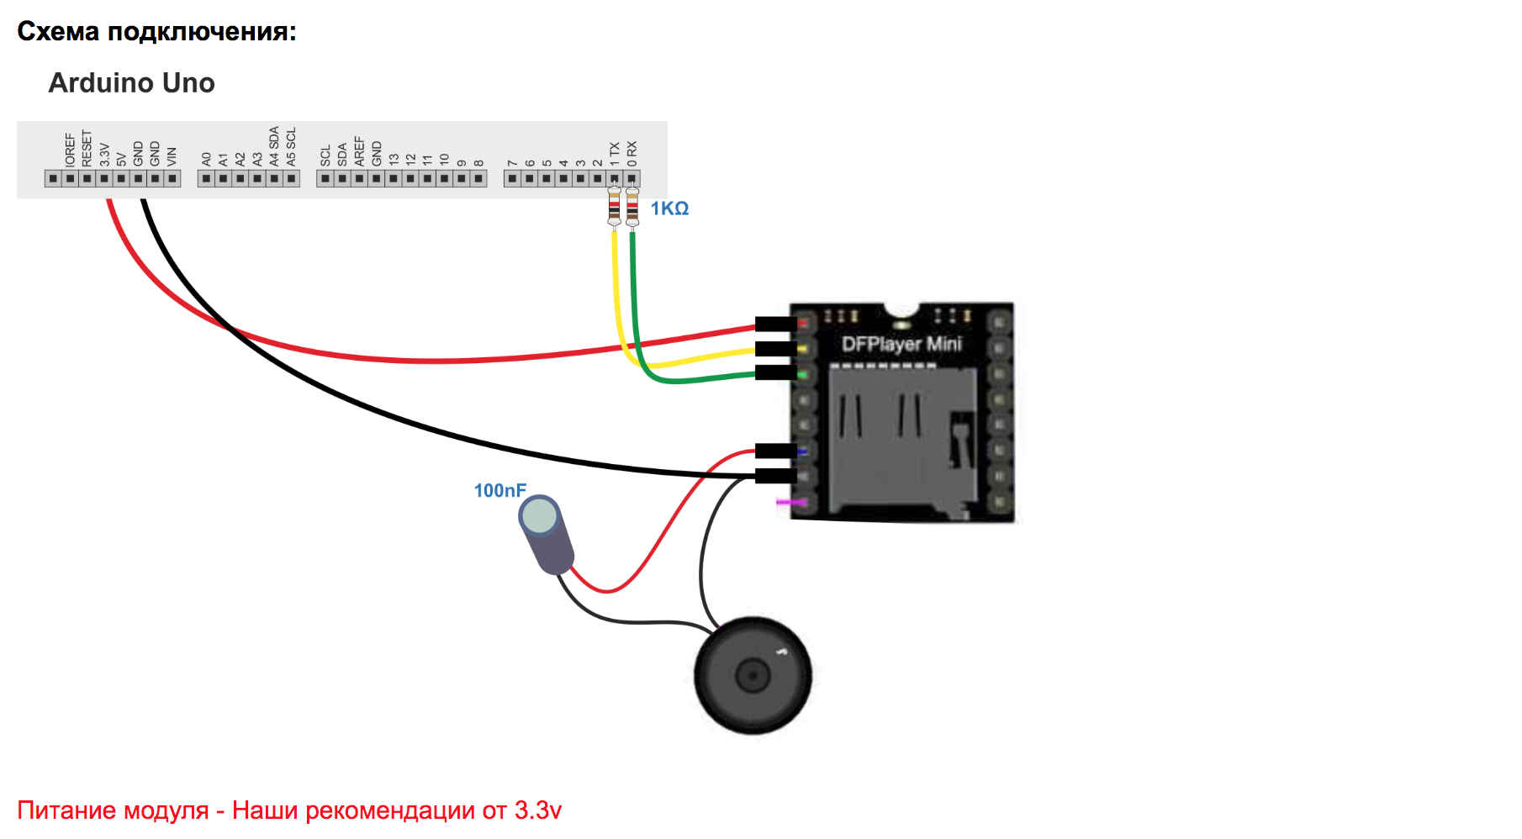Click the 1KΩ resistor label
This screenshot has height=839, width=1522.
coord(669,208)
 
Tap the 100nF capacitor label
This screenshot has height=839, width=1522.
coord(499,490)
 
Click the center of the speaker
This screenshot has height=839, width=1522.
coord(753,674)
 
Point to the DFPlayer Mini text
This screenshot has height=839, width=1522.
coord(901,344)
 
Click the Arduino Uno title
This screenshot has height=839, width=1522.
coord(132,83)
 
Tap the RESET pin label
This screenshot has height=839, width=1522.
coord(87,148)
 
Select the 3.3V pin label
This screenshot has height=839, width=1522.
coord(104,154)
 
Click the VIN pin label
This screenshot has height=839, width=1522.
coord(172,156)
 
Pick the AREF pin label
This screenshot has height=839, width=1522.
coord(360,151)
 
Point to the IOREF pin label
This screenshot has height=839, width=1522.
coord(71,149)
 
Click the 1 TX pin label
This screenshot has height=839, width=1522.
coord(615,153)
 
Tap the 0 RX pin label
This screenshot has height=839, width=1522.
coord(632,153)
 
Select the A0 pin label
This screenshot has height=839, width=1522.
coord(207,158)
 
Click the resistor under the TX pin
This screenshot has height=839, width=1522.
coord(615,207)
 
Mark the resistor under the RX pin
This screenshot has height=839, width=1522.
coord(632,207)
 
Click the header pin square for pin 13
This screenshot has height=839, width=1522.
coord(394,178)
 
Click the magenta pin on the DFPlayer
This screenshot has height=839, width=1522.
coord(791,503)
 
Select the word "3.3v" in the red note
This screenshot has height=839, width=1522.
coord(538,810)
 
